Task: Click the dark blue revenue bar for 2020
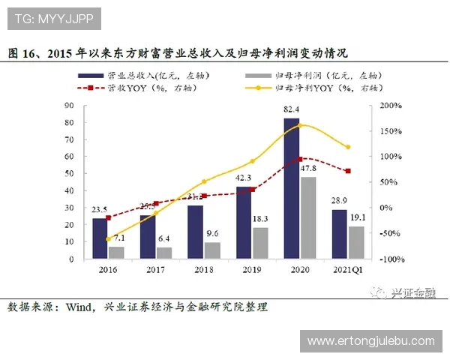tap(291, 187)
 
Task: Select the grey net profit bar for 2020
tap(307, 217)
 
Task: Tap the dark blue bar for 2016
tap(99, 238)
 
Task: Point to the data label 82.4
tap(292, 110)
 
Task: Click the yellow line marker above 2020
tap(300, 125)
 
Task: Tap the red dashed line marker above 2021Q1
tap(347, 171)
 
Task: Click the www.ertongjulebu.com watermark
tap(370, 340)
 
